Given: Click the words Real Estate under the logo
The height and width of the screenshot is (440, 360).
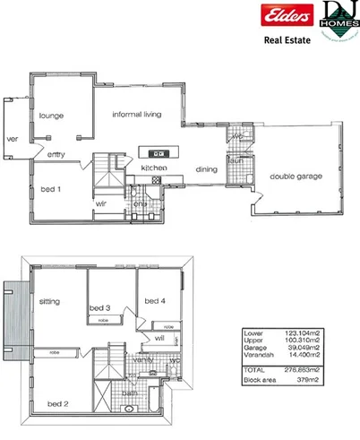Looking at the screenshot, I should (287, 40).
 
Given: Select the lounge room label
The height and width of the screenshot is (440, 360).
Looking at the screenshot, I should (50, 116).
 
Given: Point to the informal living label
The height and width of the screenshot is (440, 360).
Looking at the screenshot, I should (142, 115).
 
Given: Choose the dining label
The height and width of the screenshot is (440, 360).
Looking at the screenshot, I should (207, 169).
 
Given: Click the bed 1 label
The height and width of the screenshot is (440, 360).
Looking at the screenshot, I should (51, 189).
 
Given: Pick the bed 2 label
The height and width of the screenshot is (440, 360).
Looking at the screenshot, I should (58, 404).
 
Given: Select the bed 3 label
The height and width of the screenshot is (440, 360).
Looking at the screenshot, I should (99, 307).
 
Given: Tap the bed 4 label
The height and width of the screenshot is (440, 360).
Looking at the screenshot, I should (156, 300).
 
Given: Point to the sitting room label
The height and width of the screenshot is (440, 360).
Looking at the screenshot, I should (49, 302).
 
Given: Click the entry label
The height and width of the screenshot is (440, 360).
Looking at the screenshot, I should (56, 155).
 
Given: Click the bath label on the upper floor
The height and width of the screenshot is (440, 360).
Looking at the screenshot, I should (130, 392).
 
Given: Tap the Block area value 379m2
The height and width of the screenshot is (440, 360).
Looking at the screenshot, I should (321, 378).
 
